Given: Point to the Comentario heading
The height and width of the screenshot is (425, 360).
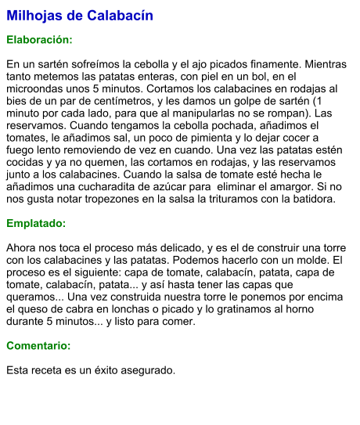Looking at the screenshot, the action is click(38, 345).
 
